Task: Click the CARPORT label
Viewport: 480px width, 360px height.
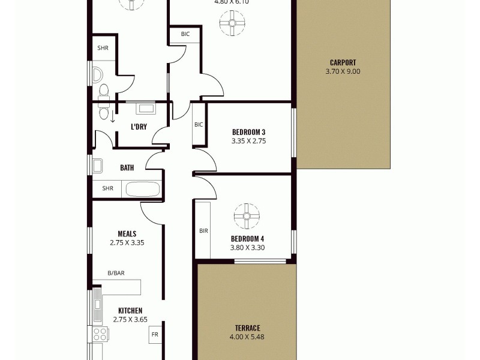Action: [x=343, y=62]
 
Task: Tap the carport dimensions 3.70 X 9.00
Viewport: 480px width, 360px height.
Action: [x=343, y=71]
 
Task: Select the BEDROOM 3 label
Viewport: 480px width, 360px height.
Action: [x=248, y=133]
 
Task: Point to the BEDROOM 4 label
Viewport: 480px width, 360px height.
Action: [x=248, y=238]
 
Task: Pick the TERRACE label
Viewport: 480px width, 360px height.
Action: [x=247, y=328]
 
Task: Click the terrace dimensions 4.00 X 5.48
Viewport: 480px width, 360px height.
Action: [x=247, y=337]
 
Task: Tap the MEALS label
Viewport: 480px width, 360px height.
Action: [x=127, y=234]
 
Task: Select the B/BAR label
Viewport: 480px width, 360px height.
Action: [x=116, y=274]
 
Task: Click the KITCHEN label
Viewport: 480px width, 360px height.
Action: [x=130, y=310]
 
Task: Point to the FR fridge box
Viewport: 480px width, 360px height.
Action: [x=154, y=334]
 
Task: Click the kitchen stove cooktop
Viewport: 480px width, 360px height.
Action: [x=98, y=334]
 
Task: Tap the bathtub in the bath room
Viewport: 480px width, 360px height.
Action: [x=142, y=189]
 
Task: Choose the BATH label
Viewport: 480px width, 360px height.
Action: [x=127, y=168]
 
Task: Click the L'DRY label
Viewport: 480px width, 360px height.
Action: [x=139, y=127]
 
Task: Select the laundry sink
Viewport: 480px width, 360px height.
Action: [x=146, y=109]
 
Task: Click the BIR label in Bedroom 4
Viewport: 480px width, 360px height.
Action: [x=203, y=230]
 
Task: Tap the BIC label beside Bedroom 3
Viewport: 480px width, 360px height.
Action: [x=199, y=125]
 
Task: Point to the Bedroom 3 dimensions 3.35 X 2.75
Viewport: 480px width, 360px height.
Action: [x=248, y=142]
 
